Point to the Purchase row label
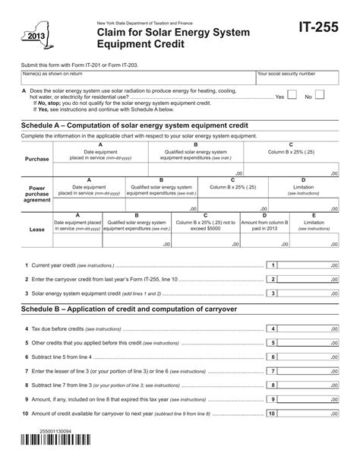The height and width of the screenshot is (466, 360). click(37, 159)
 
